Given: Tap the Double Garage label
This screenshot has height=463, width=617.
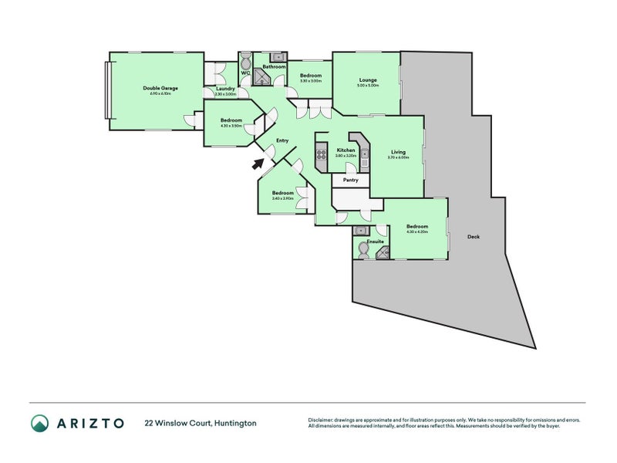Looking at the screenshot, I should (x=160, y=88).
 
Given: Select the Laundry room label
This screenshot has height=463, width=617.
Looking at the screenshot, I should (x=225, y=89).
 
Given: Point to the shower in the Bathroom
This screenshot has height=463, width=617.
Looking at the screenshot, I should (x=276, y=56).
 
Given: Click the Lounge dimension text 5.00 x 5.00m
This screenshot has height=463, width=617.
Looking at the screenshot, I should (x=367, y=86).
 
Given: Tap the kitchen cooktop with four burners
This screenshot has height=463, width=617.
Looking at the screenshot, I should (x=322, y=160).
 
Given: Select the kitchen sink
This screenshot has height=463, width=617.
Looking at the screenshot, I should (x=365, y=163).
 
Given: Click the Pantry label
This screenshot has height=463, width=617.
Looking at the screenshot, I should (x=351, y=180).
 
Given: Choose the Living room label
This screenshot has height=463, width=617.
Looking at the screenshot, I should (x=398, y=152).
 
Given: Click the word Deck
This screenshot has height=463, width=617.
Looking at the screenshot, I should (x=474, y=237).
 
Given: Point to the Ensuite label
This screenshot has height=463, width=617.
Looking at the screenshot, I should (x=376, y=242).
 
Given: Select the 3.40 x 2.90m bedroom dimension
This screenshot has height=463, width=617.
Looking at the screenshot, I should (x=282, y=198).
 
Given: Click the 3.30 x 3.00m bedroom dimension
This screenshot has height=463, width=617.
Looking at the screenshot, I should (x=311, y=80).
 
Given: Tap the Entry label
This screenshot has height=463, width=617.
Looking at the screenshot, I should (x=282, y=140).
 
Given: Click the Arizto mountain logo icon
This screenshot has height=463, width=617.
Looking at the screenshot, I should (x=39, y=423).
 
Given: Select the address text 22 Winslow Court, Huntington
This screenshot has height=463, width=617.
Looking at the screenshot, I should (x=201, y=423).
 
